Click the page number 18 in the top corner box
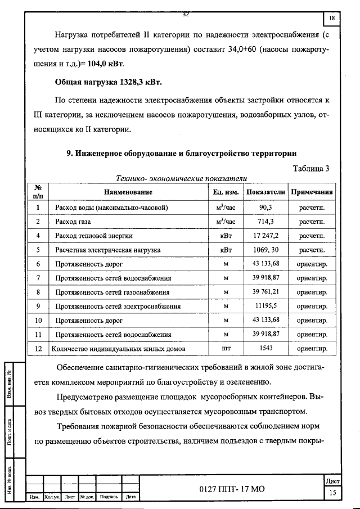[x=332, y=19]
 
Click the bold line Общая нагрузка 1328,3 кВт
[x=108, y=83]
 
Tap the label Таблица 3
[x=312, y=168]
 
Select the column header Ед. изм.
[x=226, y=192]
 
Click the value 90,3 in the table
[x=265, y=208]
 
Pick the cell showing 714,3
[x=265, y=222]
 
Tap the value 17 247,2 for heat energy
[x=265, y=236]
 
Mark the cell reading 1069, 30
[x=265, y=250]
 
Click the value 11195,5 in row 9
[x=265, y=307]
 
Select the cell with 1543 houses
[x=265, y=349]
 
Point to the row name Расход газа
[x=74, y=222]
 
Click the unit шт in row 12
[x=226, y=349]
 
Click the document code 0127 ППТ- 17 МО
[x=231, y=489]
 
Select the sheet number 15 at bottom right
[x=333, y=493]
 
